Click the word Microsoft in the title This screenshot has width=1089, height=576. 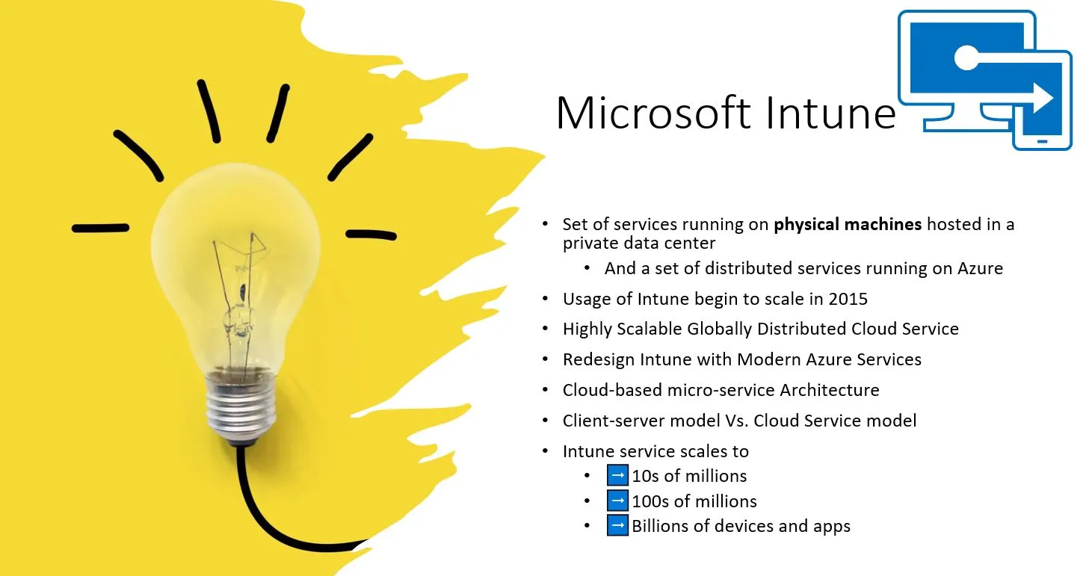tap(654, 113)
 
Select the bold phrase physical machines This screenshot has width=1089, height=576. tap(848, 225)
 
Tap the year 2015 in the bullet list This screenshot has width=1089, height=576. tap(848, 299)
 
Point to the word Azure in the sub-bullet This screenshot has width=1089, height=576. tap(980, 268)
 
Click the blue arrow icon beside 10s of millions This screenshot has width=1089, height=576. tap(617, 475)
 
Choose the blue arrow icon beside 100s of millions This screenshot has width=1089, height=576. tap(617, 501)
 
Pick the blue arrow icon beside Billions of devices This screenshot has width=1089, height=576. tap(617, 525)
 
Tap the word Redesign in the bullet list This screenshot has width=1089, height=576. tap(599, 359)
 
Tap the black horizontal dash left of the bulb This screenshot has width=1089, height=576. tap(101, 227)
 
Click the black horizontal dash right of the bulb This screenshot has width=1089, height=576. tap(371, 235)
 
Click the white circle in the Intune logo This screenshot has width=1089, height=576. tap(967, 58)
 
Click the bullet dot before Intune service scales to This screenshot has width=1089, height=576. tap(546, 451)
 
